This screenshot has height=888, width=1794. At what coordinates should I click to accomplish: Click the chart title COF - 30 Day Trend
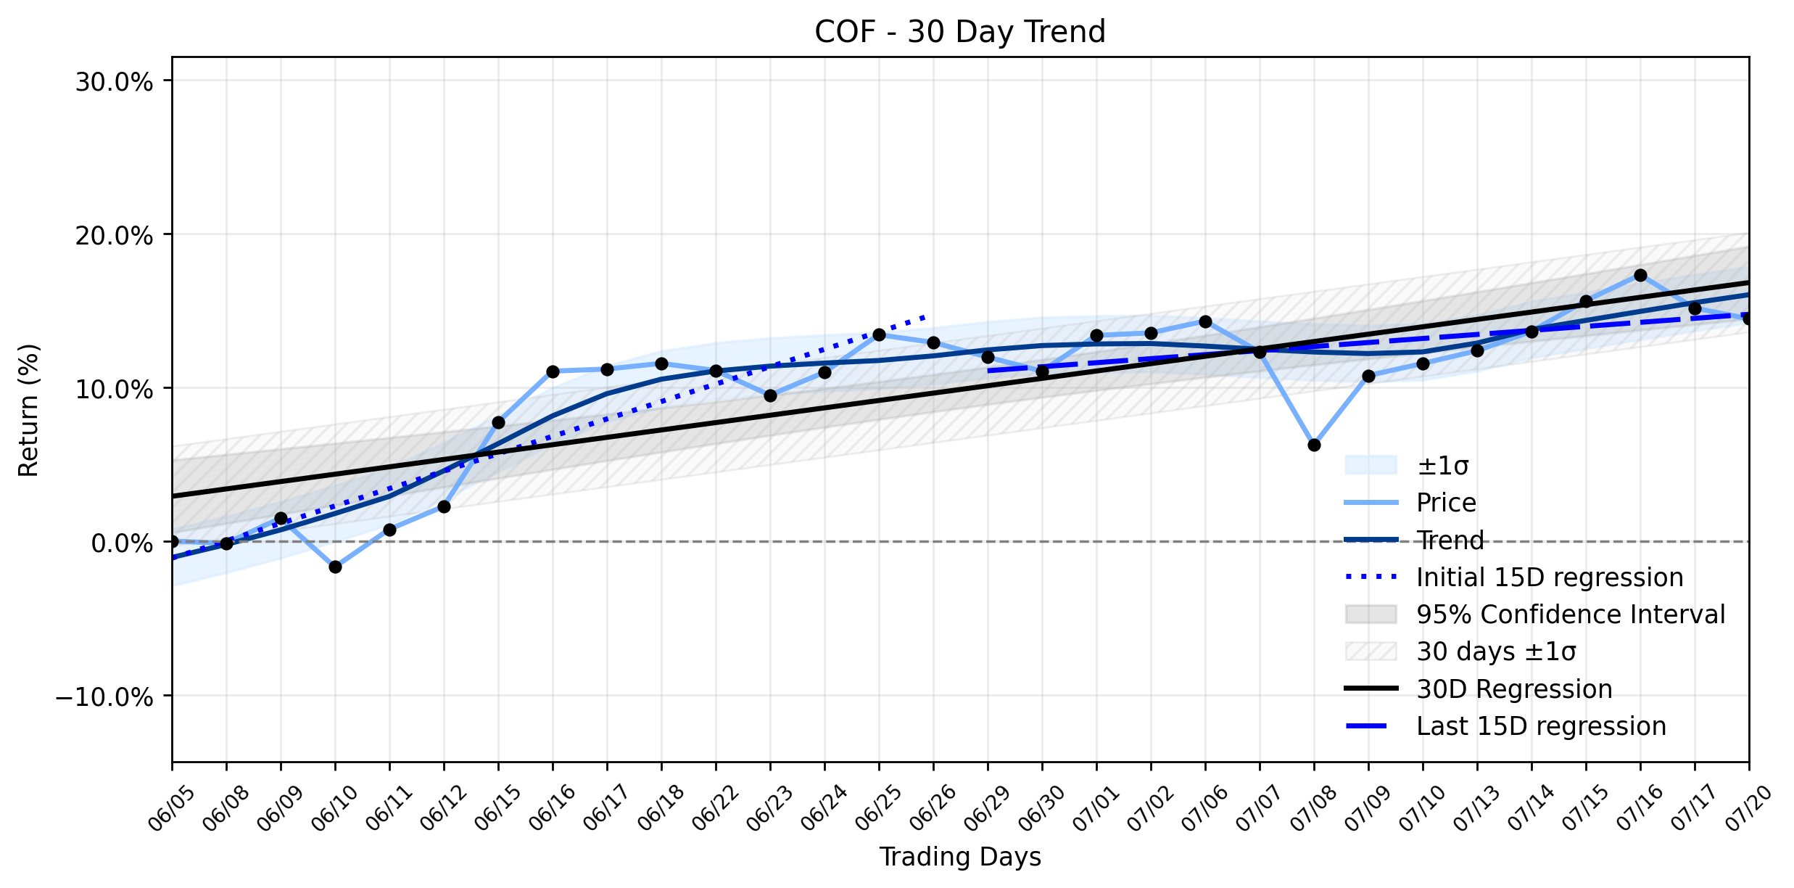(x=960, y=32)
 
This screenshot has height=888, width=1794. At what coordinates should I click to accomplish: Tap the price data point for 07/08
(x=1314, y=445)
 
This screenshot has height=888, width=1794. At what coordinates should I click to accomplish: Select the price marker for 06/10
(x=335, y=567)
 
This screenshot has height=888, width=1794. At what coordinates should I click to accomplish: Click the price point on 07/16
(x=1640, y=275)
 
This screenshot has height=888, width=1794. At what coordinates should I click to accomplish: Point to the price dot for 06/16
(x=553, y=371)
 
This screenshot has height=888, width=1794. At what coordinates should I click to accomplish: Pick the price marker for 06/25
(x=879, y=334)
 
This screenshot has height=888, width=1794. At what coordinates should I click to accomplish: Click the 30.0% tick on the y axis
(x=115, y=82)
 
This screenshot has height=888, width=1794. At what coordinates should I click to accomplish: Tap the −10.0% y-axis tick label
(x=105, y=697)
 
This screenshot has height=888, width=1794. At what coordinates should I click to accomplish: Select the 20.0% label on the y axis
(x=115, y=236)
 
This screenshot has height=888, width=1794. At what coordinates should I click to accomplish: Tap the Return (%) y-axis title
(x=28, y=410)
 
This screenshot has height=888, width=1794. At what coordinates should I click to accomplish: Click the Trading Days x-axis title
(x=960, y=857)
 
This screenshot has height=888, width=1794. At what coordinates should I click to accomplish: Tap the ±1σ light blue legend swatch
(x=1371, y=465)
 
